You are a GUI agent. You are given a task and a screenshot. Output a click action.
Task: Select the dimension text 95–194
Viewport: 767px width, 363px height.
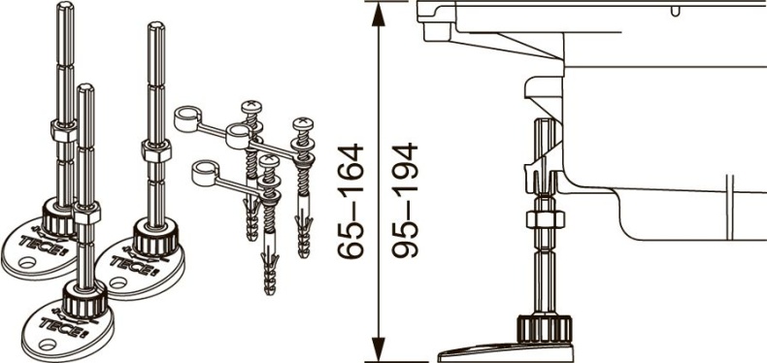click(404, 201)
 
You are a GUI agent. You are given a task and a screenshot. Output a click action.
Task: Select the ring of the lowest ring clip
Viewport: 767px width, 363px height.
click(203, 173)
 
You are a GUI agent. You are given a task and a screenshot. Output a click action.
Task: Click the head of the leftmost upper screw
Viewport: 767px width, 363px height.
click(252, 108)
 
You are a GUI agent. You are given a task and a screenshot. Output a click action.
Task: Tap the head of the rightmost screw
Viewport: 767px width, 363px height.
click(304, 125)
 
